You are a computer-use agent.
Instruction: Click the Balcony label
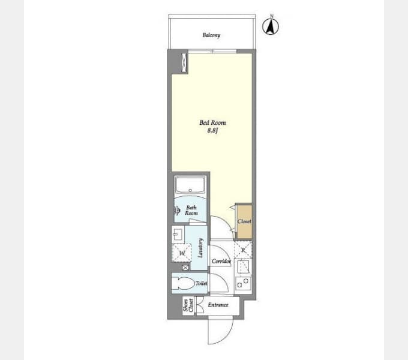coord(211,35)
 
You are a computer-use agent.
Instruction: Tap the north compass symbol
coord(271,26)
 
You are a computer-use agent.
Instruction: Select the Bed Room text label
coord(212,122)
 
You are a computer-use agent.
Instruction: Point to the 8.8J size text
coord(212,131)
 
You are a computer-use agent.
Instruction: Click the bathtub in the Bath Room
coord(190,185)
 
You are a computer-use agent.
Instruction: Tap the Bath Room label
coord(191,210)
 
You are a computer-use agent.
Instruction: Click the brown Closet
coord(244,221)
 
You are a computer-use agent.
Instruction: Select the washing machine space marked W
coord(182,253)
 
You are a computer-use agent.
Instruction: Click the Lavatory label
coord(200,248)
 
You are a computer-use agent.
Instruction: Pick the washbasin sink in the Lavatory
coord(178,235)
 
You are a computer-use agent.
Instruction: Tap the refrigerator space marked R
coord(243,250)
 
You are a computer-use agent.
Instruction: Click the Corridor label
coord(221,261)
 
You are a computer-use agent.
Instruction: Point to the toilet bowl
coord(184,283)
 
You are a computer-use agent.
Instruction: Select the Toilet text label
coord(202,283)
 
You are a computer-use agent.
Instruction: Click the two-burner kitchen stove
coord(243,284)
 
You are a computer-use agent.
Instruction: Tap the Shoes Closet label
coord(188,305)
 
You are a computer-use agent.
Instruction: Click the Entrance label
coord(218,305)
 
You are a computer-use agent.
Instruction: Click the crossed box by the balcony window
coord(184,62)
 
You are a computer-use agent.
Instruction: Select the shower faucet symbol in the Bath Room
coord(177,211)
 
